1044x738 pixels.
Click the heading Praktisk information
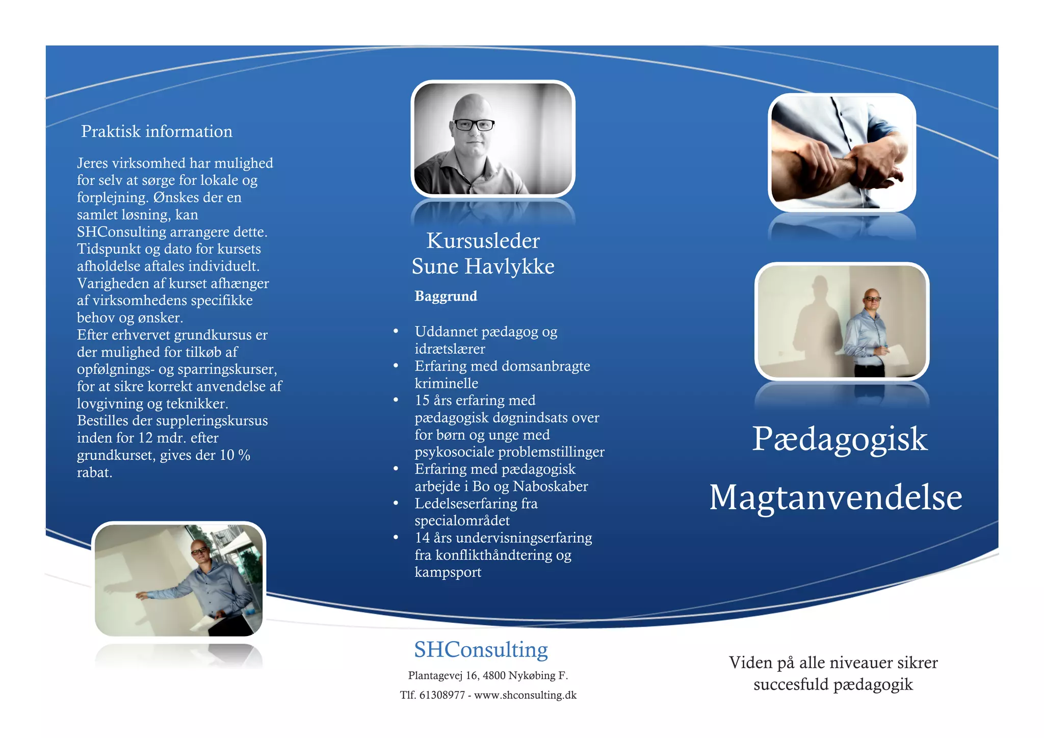coord(156,131)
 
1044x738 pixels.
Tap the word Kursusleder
coord(483,241)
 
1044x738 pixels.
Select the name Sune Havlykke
coord(483,267)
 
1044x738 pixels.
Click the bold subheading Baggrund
coord(446,296)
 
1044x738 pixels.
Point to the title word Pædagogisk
coord(840,439)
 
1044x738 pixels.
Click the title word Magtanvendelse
coord(836,497)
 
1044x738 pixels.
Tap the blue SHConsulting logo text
coord(481,650)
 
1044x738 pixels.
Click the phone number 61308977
coord(442,695)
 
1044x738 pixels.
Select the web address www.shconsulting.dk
coord(525,695)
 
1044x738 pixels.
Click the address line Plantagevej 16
coord(443,676)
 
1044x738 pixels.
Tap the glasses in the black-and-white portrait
coord(474,124)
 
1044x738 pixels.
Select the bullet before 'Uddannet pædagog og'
coord(396,332)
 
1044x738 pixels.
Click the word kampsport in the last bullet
coord(448,572)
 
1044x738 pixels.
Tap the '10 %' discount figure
coord(235,455)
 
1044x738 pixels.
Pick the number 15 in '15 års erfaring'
coord(422,401)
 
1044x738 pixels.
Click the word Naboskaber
coord(550,487)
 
